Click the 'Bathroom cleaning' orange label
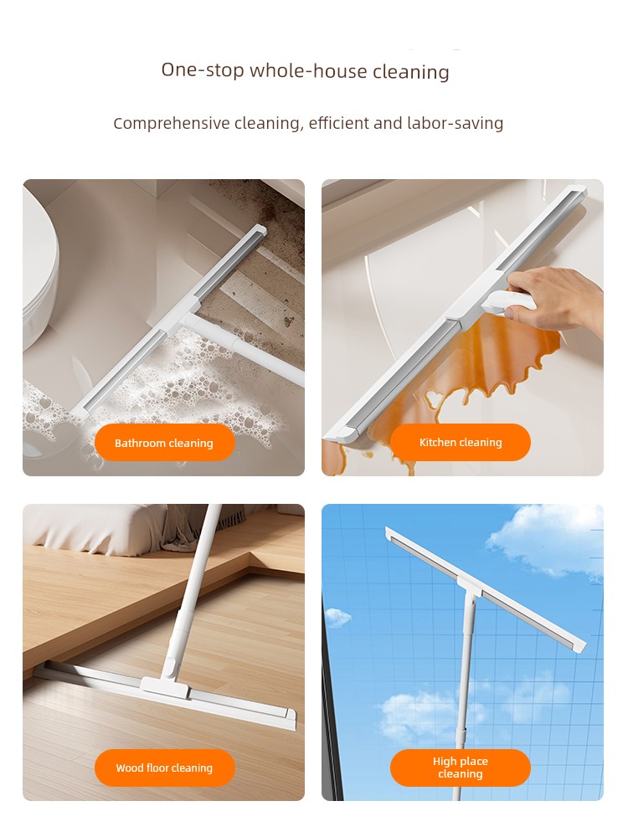click(x=164, y=443)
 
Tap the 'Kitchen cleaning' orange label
click(x=461, y=442)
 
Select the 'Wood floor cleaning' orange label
click(x=164, y=768)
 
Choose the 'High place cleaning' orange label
click(x=461, y=768)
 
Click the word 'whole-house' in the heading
click(x=308, y=70)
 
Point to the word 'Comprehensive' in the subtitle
click(x=172, y=124)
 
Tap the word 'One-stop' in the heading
click(x=203, y=70)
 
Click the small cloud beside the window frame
click(x=337, y=618)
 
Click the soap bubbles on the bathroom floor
click(x=176, y=384)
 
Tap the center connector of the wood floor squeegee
click(x=166, y=686)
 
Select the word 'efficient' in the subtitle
click(x=338, y=123)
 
